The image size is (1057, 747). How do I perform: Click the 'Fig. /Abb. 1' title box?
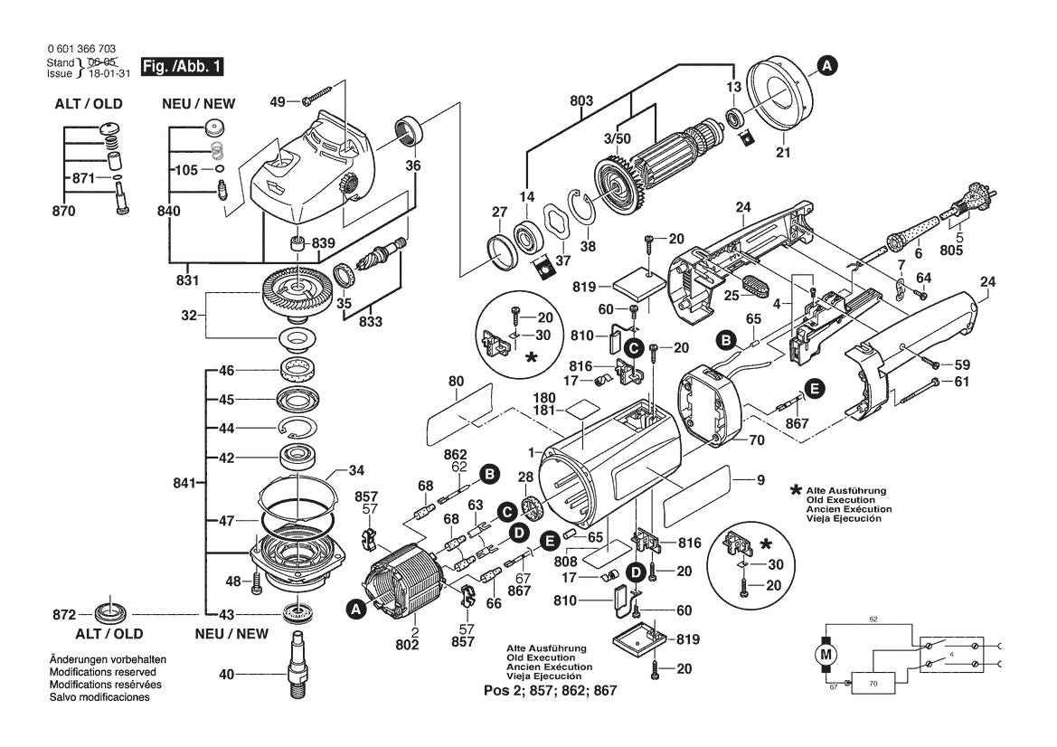click(179, 66)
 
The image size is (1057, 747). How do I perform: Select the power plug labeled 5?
click(967, 204)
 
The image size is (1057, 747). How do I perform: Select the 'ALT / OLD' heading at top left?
click(88, 103)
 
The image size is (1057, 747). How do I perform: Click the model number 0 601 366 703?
click(80, 49)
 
